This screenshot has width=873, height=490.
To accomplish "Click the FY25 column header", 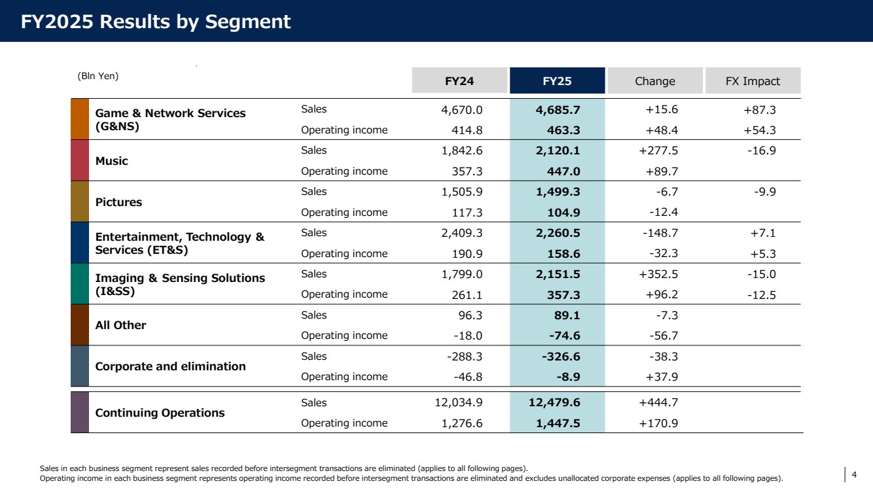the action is point(558,80).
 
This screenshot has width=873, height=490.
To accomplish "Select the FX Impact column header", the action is point(753,80).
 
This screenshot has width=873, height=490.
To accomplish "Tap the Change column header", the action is point(655,80).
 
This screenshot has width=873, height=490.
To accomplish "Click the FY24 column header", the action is point(459,80).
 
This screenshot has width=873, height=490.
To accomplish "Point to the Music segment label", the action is point(111,161).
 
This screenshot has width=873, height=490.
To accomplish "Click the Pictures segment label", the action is point(118,202).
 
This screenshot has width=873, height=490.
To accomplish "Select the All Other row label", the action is point(120,325).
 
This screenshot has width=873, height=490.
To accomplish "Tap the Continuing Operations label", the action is point(160,413).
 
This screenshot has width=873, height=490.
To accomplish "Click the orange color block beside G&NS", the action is point(80,119).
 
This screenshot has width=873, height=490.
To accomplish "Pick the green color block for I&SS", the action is point(80,283).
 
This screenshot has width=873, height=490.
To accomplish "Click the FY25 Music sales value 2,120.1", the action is point(558,150).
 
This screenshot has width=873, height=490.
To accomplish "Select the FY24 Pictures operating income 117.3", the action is point(467,212).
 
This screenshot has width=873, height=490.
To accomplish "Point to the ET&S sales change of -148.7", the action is point(660,233).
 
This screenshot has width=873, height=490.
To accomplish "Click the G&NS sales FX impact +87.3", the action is point(760,110).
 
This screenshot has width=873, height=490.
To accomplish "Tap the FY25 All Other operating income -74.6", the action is point(564,336).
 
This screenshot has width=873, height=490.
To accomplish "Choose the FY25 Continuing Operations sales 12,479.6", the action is point(554,402).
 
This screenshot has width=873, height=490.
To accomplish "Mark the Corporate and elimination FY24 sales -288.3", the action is point(465,357).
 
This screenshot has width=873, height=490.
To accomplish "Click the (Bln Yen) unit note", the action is point(98,76).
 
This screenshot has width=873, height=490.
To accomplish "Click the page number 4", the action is point(854,474).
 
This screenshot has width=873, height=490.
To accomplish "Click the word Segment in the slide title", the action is point(248,22).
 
